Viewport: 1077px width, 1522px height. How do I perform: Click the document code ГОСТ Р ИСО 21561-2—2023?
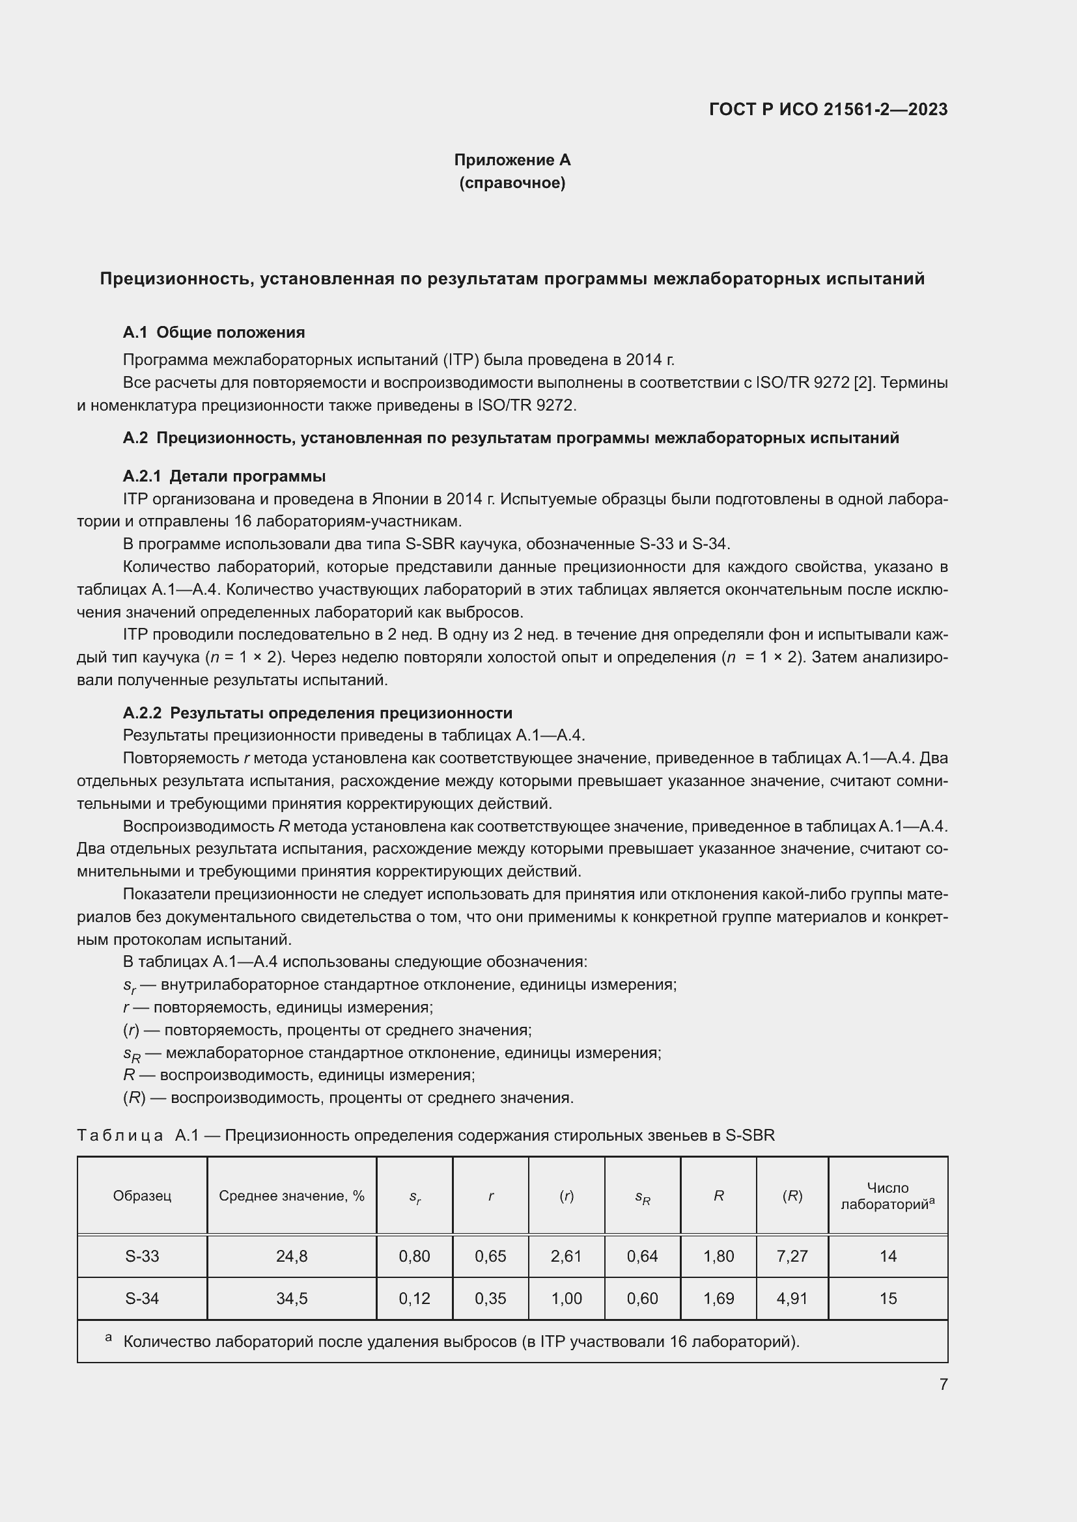pyautogui.click(x=828, y=109)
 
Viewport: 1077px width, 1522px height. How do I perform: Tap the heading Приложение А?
pyautogui.click(x=512, y=160)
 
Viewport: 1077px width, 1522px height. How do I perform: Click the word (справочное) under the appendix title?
pyautogui.click(x=512, y=183)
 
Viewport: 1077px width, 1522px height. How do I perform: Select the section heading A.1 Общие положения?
pyautogui.click(x=214, y=332)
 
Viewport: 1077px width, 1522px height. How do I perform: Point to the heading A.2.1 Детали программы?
pyautogui.click(x=224, y=476)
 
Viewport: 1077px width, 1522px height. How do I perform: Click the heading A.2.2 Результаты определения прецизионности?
pyautogui.click(x=317, y=713)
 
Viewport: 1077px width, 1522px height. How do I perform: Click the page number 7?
pyautogui.click(x=943, y=1384)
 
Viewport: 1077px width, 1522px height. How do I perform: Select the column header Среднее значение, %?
pyautogui.click(x=291, y=1196)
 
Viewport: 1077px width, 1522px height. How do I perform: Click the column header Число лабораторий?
pyautogui.click(x=888, y=1196)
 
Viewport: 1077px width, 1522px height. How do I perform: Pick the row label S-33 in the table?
pyautogui.click(x=142, y=1256)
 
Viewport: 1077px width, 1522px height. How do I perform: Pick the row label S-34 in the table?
pyautogui.click(x=142, y=1299)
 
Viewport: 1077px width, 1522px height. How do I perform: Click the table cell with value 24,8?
pyautogui.click(x=291, y=1256)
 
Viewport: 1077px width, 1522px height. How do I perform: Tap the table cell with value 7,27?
pyautogui.click(x=792, y=1256)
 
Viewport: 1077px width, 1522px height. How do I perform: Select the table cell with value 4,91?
pyautogui.click(x=792, y=1299)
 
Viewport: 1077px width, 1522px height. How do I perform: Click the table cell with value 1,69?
pyautogui.click(x=718, y=1299)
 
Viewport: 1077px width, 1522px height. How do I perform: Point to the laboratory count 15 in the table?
pyautogui.click(x=888, y=1299)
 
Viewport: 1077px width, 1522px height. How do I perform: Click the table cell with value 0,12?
pyautogui.click(x=414, y=1299)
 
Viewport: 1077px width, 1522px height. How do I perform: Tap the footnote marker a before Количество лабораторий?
pyautogui.click(x=108, y=1338)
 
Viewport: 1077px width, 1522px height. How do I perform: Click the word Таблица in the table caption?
pyautogui.click(x=120, y=1135)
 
